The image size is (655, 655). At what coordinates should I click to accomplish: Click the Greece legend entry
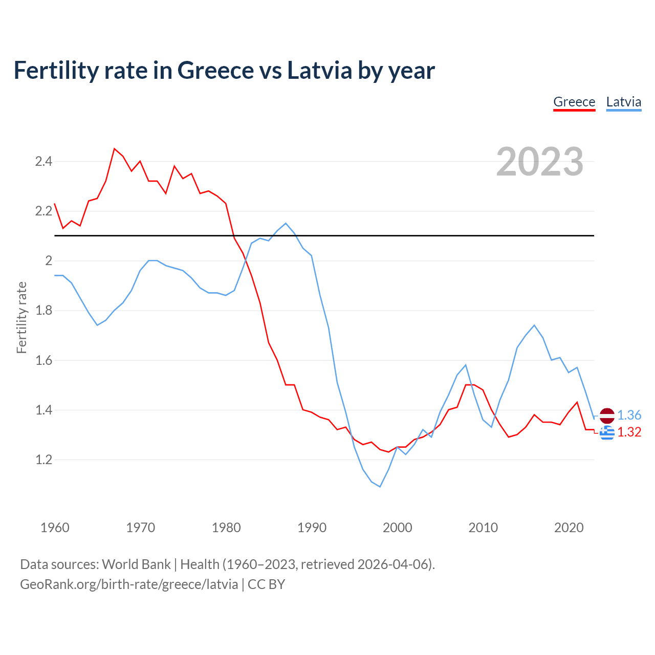pyautogui.click(x=574, y=102)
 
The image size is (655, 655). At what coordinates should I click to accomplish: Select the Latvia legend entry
pyautogui.click(x=623, y=102)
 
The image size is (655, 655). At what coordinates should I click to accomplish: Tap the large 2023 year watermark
pyautogui.click(x=540, y=162)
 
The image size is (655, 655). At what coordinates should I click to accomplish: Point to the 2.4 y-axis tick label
pyautogui.click(x=43, y=162)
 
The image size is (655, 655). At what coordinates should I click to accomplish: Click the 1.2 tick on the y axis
pyautogui.click(x=43, y=460)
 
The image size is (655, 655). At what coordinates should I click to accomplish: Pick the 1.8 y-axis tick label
pyautogui.click(x=43, y=311)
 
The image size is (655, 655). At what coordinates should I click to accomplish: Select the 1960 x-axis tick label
pyautogui.click(x=55, y=528)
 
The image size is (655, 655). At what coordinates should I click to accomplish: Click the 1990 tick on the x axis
pyautogui.click(x=312, y=528)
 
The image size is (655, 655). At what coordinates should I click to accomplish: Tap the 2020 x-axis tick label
pyautogui.click(x=569, y=528)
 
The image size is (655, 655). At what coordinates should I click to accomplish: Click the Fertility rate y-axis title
pyautogui.click(x=21, y=317)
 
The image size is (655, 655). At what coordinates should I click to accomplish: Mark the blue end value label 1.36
pyautogui.click(x=629, y=415)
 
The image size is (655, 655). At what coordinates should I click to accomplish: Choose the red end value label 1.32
pyautogui.click(x=629, y=432)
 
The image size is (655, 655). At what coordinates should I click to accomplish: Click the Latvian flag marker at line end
pyautogui.click(x=607, y=416)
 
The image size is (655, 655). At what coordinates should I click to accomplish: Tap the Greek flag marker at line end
pyautogui.click(x=607, y=433)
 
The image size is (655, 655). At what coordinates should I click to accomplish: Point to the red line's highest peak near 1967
pyautogui.click(x=114, y=149)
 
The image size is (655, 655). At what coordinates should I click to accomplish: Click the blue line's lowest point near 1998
pyautogui.click(x=380, y=486)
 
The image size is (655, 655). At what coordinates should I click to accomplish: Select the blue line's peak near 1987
pyautogui.click(x=286, y=223)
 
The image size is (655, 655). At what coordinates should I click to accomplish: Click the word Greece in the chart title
pyautogui.click(x=214, y=70)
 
